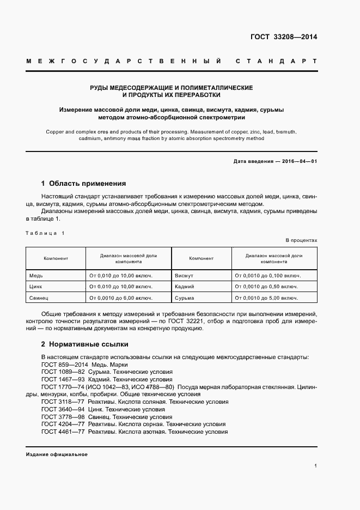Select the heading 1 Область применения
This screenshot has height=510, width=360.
pyautogui.click(x=83, y=184)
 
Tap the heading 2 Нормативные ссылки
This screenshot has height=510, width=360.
pyautogui.click(x=85, y=344)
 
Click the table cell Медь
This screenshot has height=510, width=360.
pyautogui.click(x=36, y=275)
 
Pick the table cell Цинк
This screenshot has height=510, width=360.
pyautogui.click(x=36, y=287)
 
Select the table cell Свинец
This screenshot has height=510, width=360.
pyautogui.click(x=39, y=298)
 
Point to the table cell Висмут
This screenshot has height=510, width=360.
pyautogui.click(x=184, y=275)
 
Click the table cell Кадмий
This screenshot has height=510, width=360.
pyautogui.click(x=184, y=287)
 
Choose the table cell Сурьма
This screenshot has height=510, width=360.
pyautogui.click(x=184, y=298)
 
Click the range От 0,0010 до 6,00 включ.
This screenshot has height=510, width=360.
pyautogui.click(x=120, y=298)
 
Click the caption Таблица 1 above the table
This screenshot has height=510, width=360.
pyautogui.click(x=45, y=233)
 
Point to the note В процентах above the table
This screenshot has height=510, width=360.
pyautogui.click(x=301, y=240)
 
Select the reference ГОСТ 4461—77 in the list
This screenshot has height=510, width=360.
pyautogui.click(x=62, y=432)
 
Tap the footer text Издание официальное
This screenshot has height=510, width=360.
pyautogui.click(x=57, y=454)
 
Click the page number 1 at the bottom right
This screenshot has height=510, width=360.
pyautogui.click(x=315, y=465)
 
